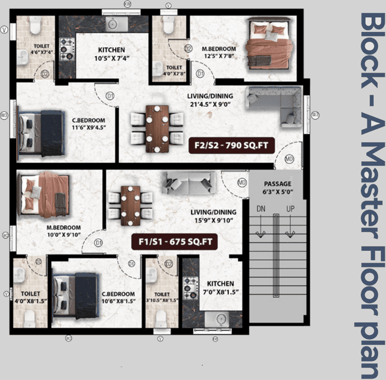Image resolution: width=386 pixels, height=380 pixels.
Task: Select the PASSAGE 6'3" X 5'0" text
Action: pos(278,188)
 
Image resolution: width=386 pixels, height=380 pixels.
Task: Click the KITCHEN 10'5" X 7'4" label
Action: pos(111,54)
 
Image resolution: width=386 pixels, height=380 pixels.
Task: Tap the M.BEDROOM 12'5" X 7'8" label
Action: pos(219,52)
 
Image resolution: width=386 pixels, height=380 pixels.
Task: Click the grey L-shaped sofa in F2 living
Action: pos(276,105)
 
